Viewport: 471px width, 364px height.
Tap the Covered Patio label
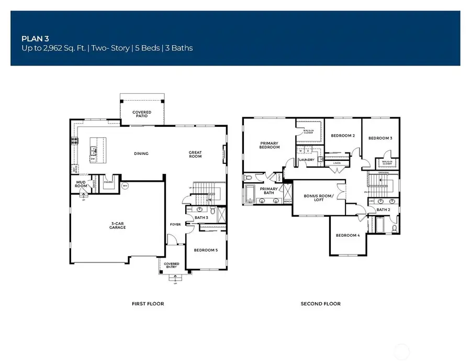(142, 114)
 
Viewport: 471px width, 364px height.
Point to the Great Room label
(195, 154)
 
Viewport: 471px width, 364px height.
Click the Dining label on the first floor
(141, 153)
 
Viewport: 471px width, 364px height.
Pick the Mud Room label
(81, 184)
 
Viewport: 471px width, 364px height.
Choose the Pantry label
(109, 182)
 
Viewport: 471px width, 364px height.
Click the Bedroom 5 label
(205, 250)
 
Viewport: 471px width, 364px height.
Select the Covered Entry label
(171, 266)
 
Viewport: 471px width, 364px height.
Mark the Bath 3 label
(201, 217)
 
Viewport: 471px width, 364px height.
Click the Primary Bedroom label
(270, 145)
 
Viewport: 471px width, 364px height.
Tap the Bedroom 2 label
(343, 136)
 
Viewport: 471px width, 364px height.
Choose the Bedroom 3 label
(380, 138)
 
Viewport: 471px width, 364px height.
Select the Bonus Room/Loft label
(318, 197)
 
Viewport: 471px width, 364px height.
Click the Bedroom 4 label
(347, 235)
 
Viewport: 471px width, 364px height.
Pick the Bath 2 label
(383, 210)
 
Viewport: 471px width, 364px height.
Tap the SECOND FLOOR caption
(320, 304)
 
